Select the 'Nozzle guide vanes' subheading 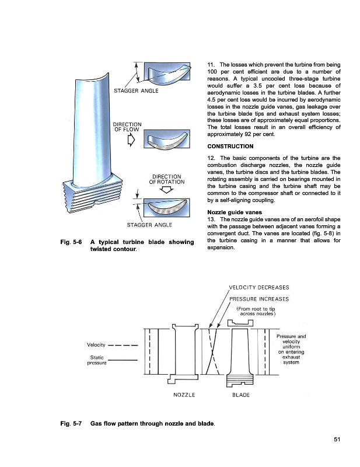(x=232, y=211)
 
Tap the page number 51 (x=337, y=440)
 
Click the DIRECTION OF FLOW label (x=128, y=127)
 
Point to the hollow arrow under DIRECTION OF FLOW (x=132, y=139)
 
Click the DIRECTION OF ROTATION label (x=167, y=180)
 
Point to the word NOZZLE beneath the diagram (x=184, y=395)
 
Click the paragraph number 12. (x=211, y=158)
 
